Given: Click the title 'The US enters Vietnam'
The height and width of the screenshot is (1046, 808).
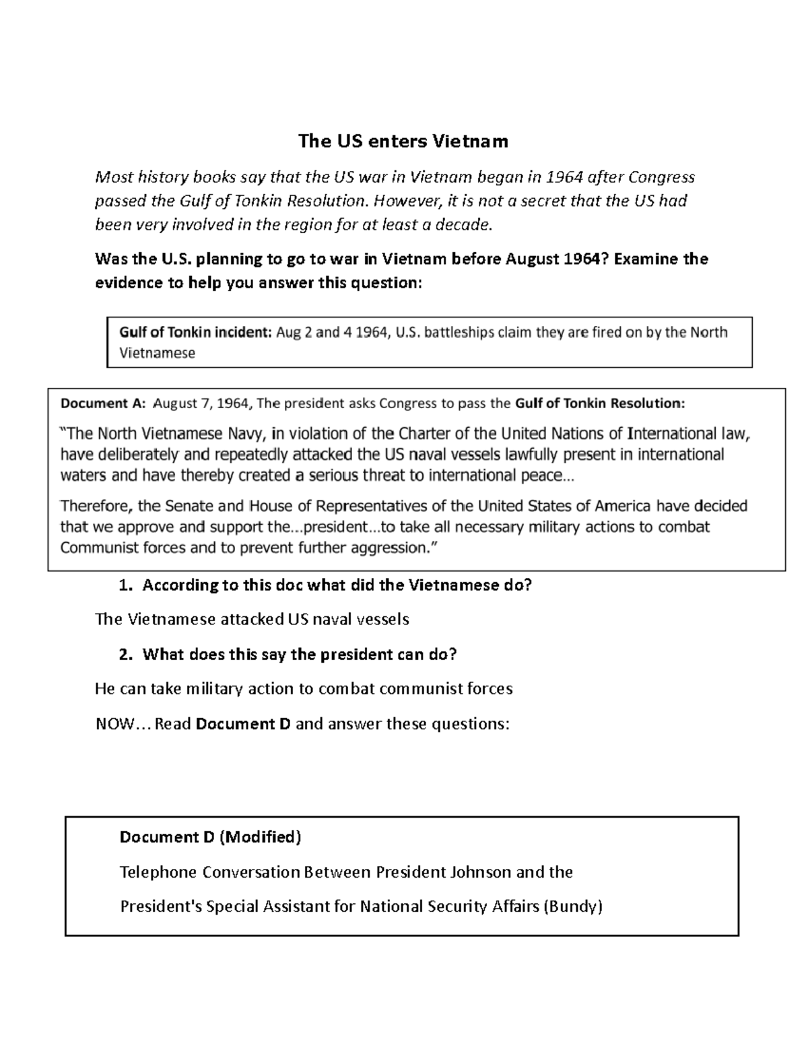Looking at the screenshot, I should [x=403, y=141].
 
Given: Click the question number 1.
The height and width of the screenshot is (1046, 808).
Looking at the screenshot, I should [x=124, y=585].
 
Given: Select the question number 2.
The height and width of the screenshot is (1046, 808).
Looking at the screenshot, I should [x=124, y=654].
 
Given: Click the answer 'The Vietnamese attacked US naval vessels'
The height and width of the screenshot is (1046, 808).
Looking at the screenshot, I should [x=252, y=620].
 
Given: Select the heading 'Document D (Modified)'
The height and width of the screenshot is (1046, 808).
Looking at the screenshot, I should [x=210, y=837].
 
